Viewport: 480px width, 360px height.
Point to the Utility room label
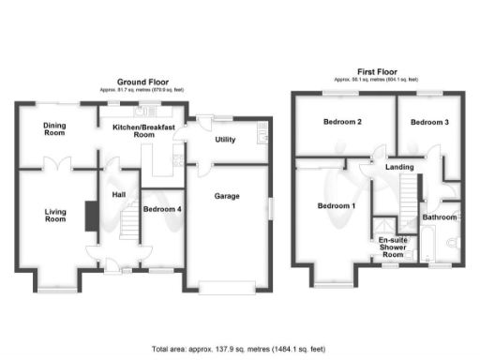(x=225, y=140)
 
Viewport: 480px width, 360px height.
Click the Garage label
(x=227, y=196)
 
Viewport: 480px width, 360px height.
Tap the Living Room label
(x=55, y=215)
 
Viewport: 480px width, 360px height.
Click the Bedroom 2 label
(x=343, y=123)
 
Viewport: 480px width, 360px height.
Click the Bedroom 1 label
(x=336, y=205)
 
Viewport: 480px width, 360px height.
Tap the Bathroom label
(x=439, y=217)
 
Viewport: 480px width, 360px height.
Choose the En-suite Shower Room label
(x=391, y=247)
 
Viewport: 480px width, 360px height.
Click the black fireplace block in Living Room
(x=89, y=215)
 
